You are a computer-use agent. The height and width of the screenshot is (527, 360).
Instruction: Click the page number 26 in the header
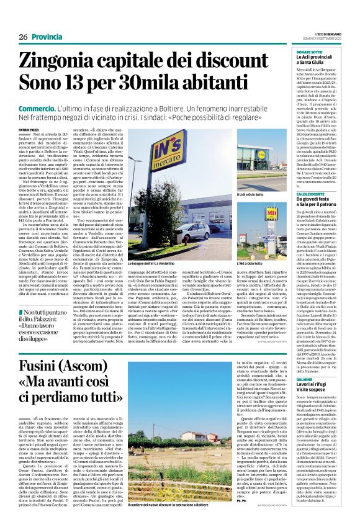23,38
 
